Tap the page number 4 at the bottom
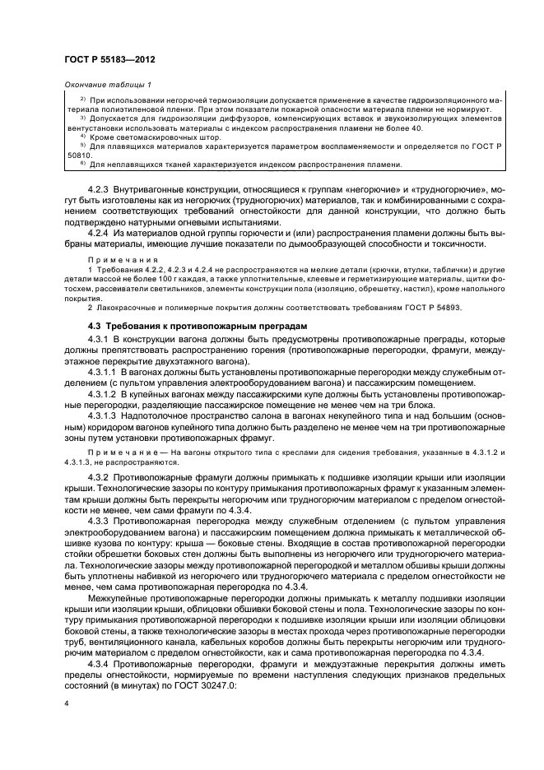click(x=67, y=703)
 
